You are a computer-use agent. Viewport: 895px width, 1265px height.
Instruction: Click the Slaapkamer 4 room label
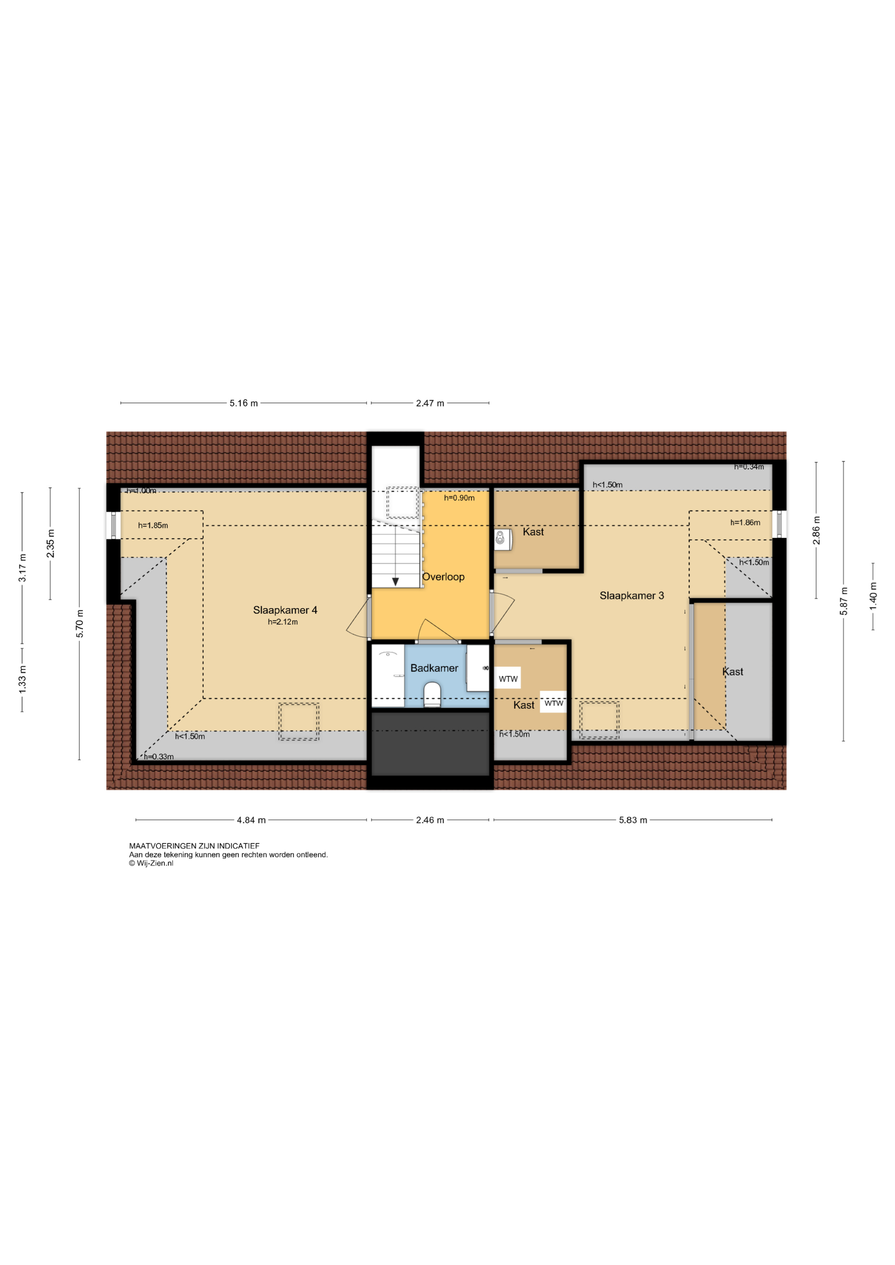tap(285, 610)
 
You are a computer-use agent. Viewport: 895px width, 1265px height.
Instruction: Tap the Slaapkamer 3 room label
tap(632, 596)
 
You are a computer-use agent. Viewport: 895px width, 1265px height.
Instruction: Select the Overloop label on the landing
tap(443, 577)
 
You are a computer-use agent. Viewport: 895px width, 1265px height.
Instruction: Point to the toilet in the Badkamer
tap(432, 695)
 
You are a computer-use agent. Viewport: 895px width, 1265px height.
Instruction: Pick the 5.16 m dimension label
tap(244, 403)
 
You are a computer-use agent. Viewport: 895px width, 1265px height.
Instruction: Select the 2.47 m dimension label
tap(430, 403)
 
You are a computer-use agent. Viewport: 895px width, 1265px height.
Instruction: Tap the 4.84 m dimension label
tap(251, 820)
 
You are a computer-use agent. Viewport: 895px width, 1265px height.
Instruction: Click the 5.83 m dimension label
tap(633, 820)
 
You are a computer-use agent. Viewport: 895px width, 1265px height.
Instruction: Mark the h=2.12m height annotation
tap(283, 622)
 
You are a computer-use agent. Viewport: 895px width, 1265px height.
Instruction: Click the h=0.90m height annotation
tap(459, 498)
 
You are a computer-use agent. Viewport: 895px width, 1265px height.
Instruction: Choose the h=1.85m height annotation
tap(153, 526)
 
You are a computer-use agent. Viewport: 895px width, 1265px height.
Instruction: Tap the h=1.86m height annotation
tap(745, 523)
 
